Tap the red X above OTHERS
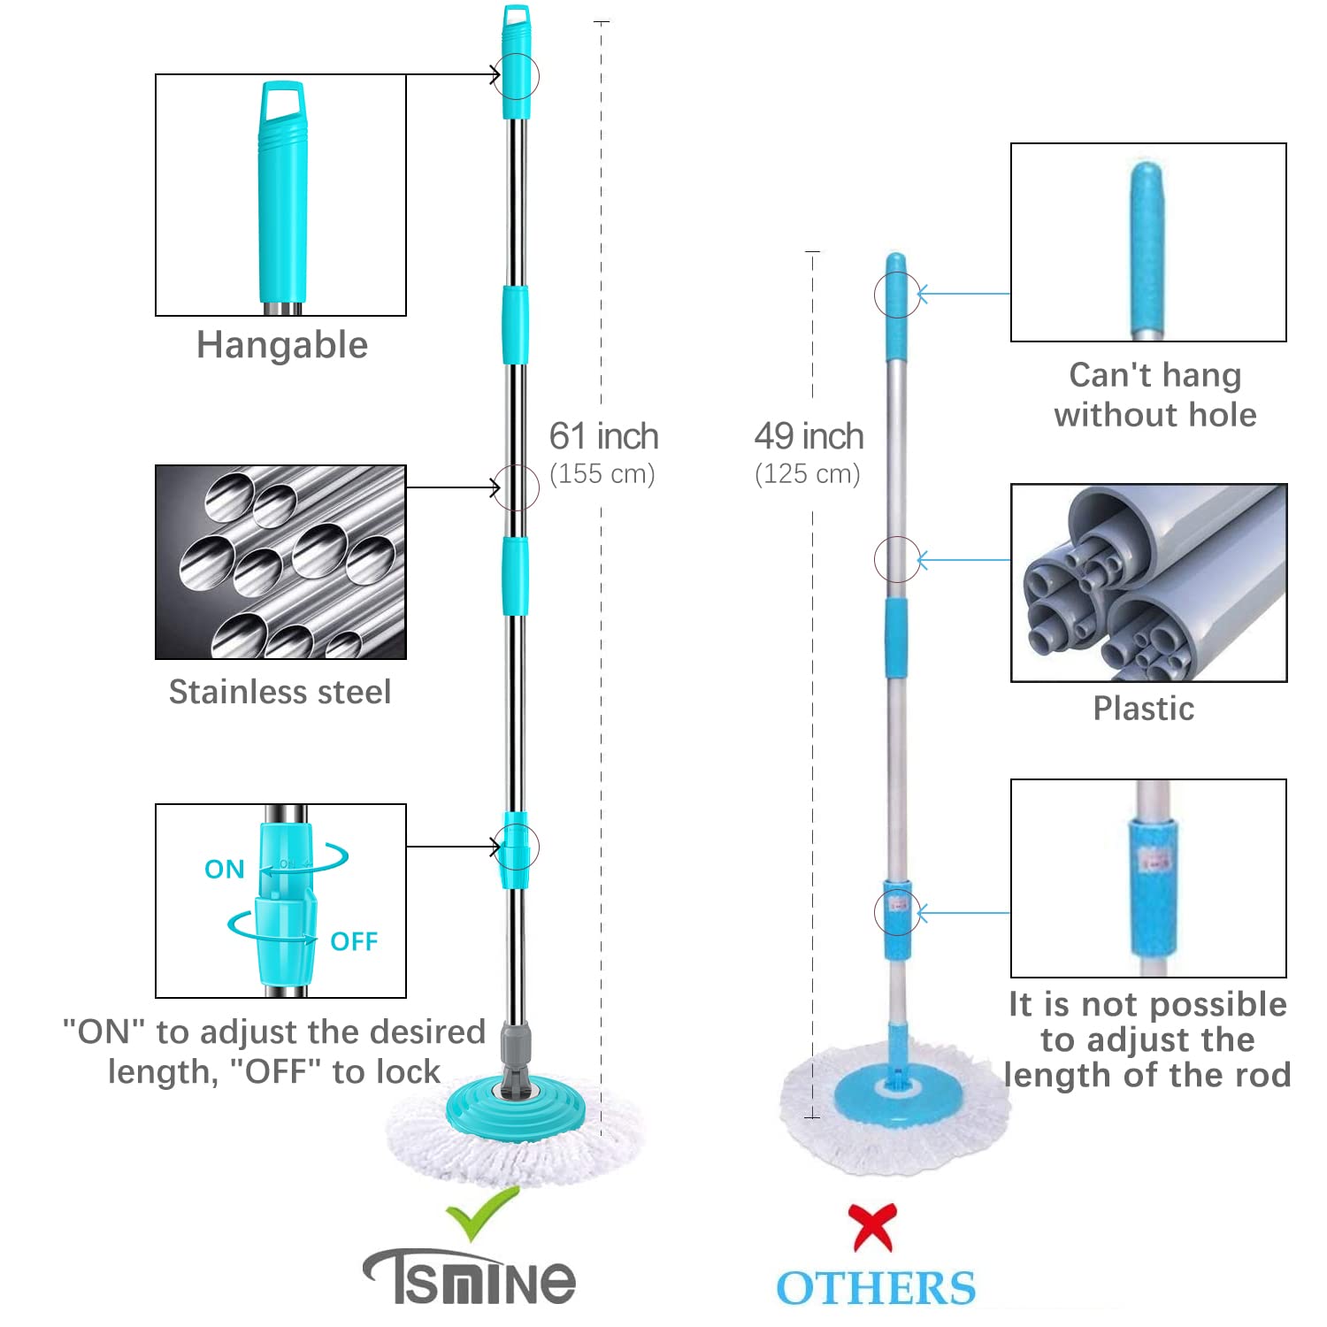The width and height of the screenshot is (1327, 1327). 873,1227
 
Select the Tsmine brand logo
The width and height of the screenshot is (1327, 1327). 469,1276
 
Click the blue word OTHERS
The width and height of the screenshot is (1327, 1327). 876,1288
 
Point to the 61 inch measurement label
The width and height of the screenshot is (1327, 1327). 604,436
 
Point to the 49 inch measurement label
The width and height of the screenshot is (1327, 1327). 809,436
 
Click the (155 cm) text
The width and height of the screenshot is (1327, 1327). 602,474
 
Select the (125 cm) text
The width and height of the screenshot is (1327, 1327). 808,474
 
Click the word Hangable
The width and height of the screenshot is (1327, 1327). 282,345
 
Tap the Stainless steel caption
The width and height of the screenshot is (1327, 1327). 280,692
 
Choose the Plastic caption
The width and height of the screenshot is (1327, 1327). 1144,709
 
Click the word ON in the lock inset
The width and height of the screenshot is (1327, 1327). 225,870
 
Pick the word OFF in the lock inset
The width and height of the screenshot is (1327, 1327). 354,941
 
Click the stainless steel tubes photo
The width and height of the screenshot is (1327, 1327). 280,562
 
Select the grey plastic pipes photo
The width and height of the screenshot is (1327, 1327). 1148,582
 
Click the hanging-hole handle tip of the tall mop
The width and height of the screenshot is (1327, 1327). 517,21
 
